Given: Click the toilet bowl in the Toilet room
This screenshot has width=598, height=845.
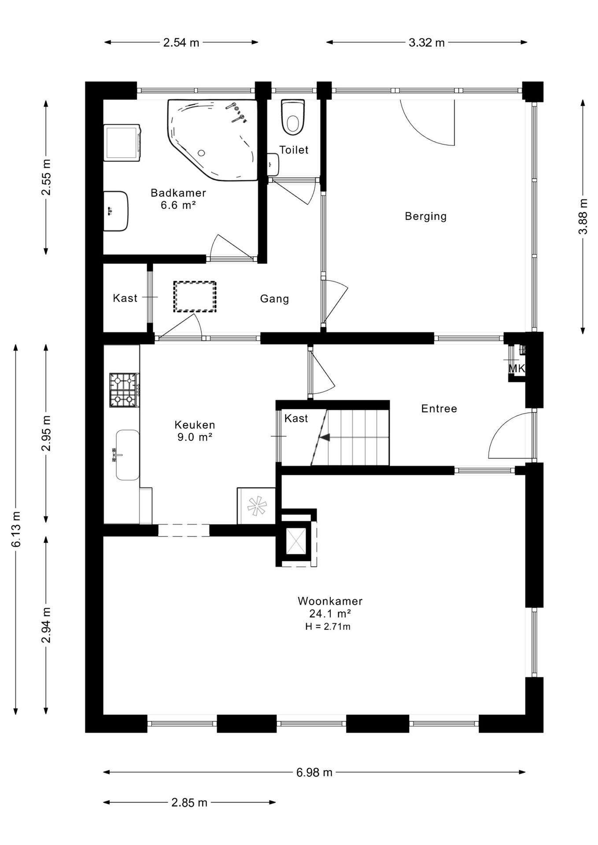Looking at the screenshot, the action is (x=293, y=117).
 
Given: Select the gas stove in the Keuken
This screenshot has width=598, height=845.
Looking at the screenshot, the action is (x=124, y=390).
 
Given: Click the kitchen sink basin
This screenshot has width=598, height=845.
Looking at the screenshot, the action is (x=127, y=455).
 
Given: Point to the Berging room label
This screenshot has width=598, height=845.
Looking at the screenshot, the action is (x=426, y=216).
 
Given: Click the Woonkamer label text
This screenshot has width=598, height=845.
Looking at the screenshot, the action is (x=330, y=601).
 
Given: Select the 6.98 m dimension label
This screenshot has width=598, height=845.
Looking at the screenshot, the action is (x=314, y=772).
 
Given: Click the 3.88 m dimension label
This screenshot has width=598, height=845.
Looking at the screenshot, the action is (x=583, y=217).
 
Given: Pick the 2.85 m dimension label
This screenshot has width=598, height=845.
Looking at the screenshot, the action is (x=189, y=802).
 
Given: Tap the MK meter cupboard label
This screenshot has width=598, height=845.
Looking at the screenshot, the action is (x=517, y=368).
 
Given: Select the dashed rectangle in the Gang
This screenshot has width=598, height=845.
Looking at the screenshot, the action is (x=195, y=297).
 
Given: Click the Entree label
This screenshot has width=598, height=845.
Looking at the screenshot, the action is (x=439, y=408).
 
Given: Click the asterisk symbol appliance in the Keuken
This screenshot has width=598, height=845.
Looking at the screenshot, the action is (x=256, y=506).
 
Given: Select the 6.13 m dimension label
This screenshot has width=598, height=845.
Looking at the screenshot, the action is (x=16, y=529).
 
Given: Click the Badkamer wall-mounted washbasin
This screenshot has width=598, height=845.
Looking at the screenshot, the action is (x=116, y=211).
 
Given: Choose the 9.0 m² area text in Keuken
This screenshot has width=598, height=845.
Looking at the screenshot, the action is (x=195, y=437).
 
